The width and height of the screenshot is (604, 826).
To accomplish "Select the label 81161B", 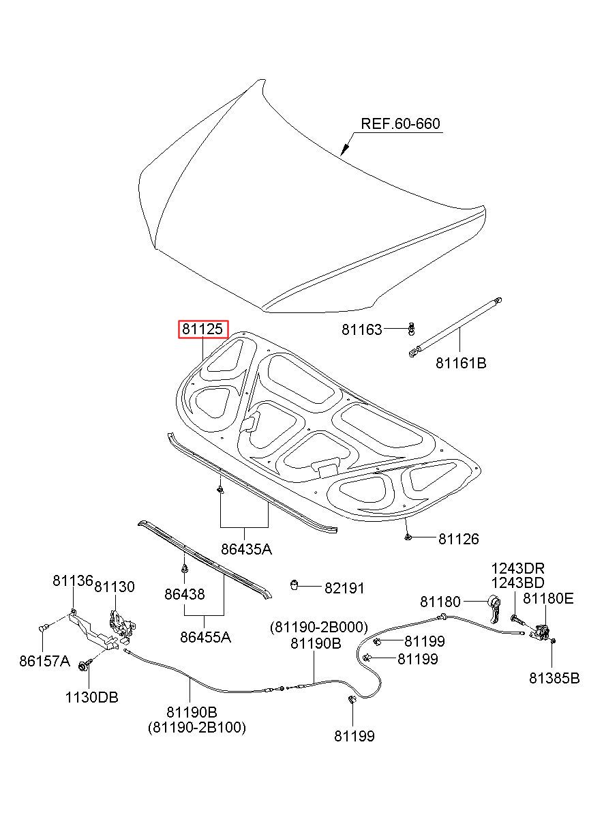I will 462,363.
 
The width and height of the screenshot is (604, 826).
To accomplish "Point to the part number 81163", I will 362,330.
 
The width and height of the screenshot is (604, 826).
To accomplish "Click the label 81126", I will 458,540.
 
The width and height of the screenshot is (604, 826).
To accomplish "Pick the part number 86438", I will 184,594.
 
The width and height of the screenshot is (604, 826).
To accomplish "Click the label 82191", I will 344,588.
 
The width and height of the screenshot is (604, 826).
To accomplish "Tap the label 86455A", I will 205,638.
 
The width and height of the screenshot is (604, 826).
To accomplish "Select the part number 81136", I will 72,580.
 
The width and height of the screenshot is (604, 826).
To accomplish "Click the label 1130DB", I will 91,697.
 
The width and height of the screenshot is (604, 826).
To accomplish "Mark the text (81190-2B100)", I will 197,728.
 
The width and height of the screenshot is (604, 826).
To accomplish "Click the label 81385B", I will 554,678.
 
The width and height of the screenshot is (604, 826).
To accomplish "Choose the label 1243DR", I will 519,568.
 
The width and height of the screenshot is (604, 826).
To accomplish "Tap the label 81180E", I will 548,599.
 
